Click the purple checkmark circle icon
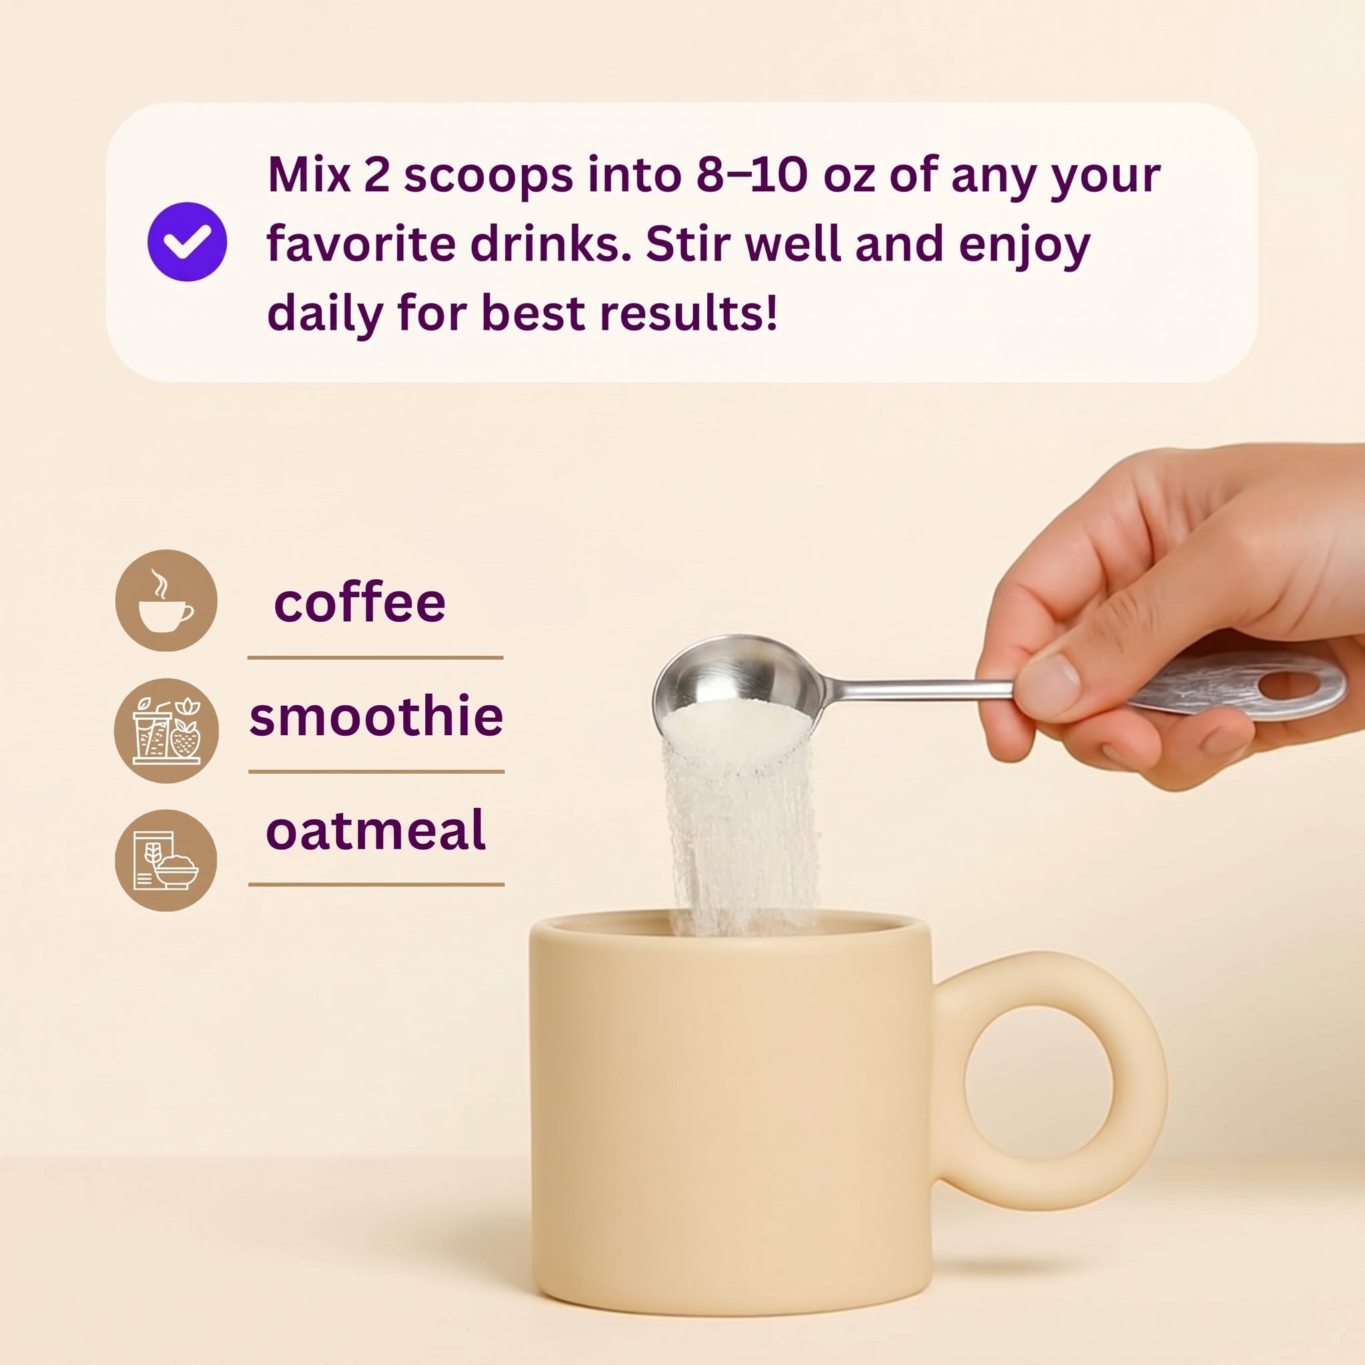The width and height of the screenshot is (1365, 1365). point(187,242)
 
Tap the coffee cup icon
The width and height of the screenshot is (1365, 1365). point(166,601)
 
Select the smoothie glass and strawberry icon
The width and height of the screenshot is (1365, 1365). point(166,730)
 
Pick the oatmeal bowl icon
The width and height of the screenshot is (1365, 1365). point(166,860)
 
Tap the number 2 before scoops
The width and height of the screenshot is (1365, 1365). point(377,175)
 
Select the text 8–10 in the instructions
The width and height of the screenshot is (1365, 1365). point(752,175)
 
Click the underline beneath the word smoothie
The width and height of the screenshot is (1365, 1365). point(376,772)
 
